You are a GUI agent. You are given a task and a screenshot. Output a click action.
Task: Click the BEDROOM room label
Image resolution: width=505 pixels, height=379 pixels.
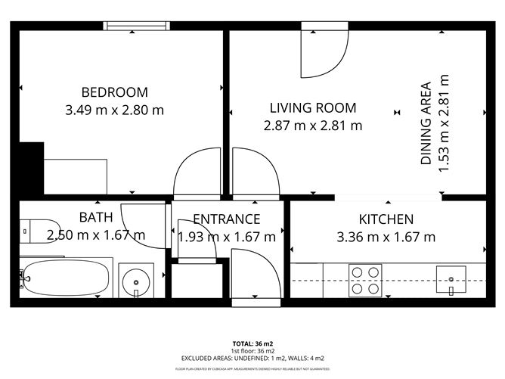tap(115, 92)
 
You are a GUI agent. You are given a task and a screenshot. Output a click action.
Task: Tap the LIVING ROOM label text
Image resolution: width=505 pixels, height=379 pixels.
tap(313, 108)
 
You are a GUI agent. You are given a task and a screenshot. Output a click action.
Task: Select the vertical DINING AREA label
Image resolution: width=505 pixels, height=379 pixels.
tap(426, 123)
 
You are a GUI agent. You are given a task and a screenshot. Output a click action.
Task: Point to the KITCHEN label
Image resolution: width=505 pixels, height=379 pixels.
tap(386, 219)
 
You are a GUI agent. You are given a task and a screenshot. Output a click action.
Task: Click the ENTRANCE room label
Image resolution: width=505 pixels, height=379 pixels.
tap(226, 219)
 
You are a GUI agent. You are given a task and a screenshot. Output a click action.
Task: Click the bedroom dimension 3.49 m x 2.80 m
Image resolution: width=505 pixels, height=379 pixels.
tap(115, 110)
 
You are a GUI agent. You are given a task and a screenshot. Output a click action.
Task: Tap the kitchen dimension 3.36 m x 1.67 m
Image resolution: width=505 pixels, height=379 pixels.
tap(386, 237)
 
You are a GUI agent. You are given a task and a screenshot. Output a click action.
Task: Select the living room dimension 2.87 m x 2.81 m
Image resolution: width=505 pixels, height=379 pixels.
tap(313, 126)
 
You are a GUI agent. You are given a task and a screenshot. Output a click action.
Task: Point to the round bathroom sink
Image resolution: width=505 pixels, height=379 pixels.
tap(136, 281)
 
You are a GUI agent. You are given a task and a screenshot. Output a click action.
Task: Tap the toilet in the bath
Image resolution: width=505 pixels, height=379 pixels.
tap(29, 227)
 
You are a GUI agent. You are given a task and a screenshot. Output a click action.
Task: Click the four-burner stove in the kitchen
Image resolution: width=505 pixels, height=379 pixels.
tap(365, 280)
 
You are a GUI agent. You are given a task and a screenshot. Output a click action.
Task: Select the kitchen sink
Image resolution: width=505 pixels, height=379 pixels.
tap(450, 279)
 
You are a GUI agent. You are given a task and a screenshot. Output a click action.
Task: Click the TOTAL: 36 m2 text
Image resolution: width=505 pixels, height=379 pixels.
tap(253, 343)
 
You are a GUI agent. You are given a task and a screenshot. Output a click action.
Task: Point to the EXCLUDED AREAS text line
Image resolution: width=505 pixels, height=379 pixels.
tap(253, 358)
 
